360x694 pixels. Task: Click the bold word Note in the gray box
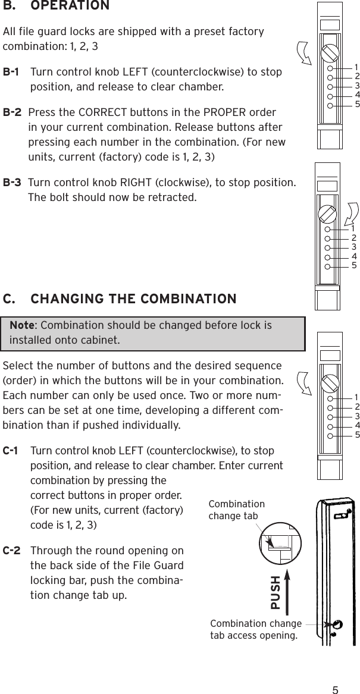pos(21,326)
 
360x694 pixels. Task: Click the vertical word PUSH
pos(276,592)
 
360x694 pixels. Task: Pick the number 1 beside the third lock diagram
pos(356,397)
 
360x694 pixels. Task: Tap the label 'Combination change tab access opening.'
pos(256,629)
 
